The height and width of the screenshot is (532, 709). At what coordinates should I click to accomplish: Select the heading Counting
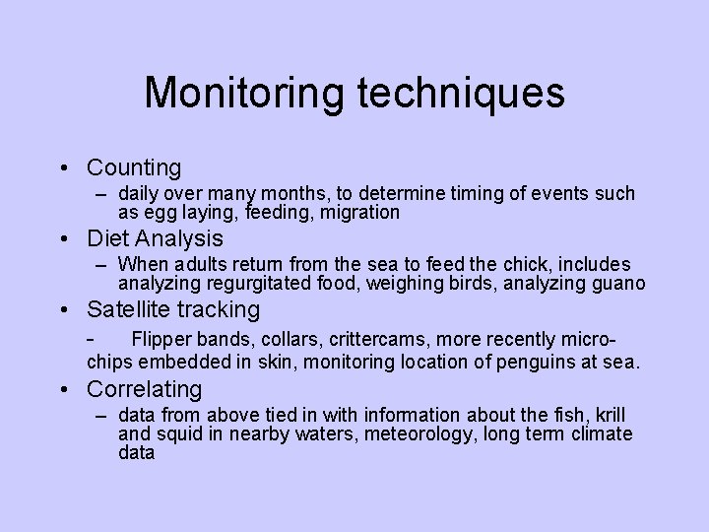point(134,167)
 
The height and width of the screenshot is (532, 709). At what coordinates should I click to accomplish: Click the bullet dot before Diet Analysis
point(64,239)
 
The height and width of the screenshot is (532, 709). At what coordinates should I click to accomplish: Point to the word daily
point(140,194)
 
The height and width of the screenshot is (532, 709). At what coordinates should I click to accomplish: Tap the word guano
point(613,284)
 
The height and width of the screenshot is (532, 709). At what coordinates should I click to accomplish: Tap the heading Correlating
point(144,389)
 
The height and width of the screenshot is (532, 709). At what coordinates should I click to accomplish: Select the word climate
point(598,434)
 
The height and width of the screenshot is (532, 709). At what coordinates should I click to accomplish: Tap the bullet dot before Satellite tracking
point(64,310)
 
